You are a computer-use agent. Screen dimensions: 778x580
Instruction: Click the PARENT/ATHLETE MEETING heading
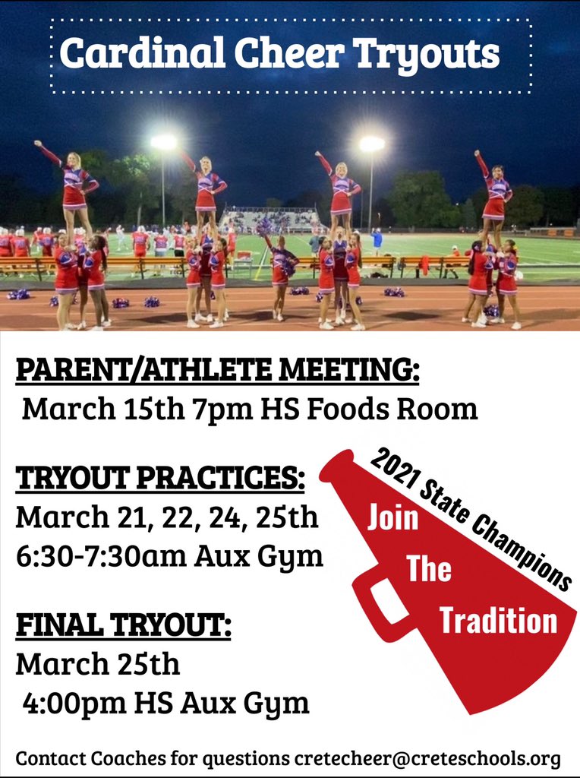pyautogui.click(x=217, y=372)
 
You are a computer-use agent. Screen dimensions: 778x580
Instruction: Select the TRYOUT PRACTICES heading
pyautogui.click(x=160, y=479)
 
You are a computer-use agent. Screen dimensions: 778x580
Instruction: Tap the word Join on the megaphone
pyautogui.click(x=393, y=518)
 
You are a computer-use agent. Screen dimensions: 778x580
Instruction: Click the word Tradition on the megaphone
pyautogui.click(x=498, y=621)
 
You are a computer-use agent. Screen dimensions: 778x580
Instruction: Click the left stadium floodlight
pyautogui.click(x=163, y=142)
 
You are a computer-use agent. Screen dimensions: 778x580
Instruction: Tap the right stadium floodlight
pyautogui.click(x=371, y=144)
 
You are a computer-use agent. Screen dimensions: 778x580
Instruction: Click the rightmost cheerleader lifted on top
pyautogui.click(x=495, y=190)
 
